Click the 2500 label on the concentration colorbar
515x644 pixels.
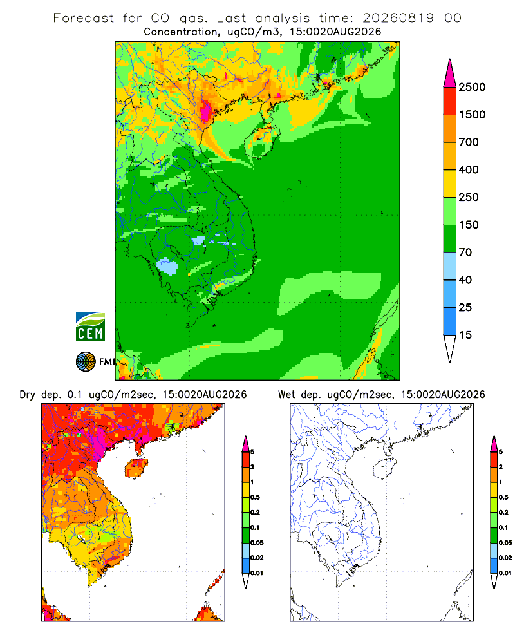pyautogui.click(x=472, y=87)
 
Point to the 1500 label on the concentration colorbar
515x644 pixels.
pyautogui.click(x=472, y=115)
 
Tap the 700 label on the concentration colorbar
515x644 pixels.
pyautogui.click(x=469, y=142)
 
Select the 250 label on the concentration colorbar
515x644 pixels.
pyautogui.click(x=469, y=197)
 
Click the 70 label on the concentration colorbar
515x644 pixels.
pyautogui.click(x=465, y=252)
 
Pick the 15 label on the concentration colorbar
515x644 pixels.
pyautogui.click(x=465, y=335)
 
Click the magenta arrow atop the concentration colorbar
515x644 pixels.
pyautogui.click(x=450, y=73)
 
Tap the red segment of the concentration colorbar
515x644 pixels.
pyautogui.click(x=450, y=101)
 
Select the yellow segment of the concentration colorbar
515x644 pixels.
pyautogui.click(x=450, y=184)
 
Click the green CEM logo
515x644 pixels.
pyautogui.click(x=90, y=327)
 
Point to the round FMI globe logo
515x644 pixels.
pyautogui.click(x=86, y=362)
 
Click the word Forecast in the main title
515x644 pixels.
pyautogui.click(x=84, y=18)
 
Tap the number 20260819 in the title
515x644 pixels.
pyautogui.click(x=398, y=18)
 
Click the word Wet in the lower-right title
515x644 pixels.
pyautogui.click(x=286, y=394)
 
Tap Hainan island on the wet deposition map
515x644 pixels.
pyautogui.click(x=384, y=469)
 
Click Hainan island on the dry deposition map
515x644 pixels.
pyautogui.click(x=136, y=468)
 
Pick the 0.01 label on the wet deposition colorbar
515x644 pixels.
pyautogui.click(x=505, y=573)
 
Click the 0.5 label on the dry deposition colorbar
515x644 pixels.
pyautogui.click(x=255, y=497)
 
